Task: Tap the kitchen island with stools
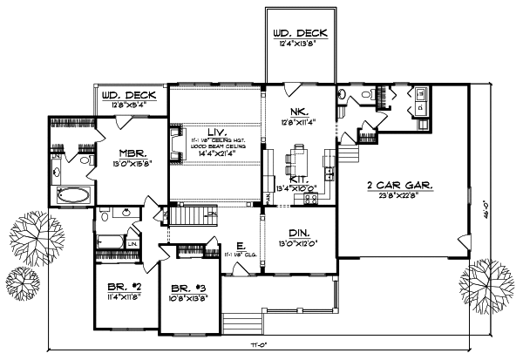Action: pos(295,159)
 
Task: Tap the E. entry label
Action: pos(239,247)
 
